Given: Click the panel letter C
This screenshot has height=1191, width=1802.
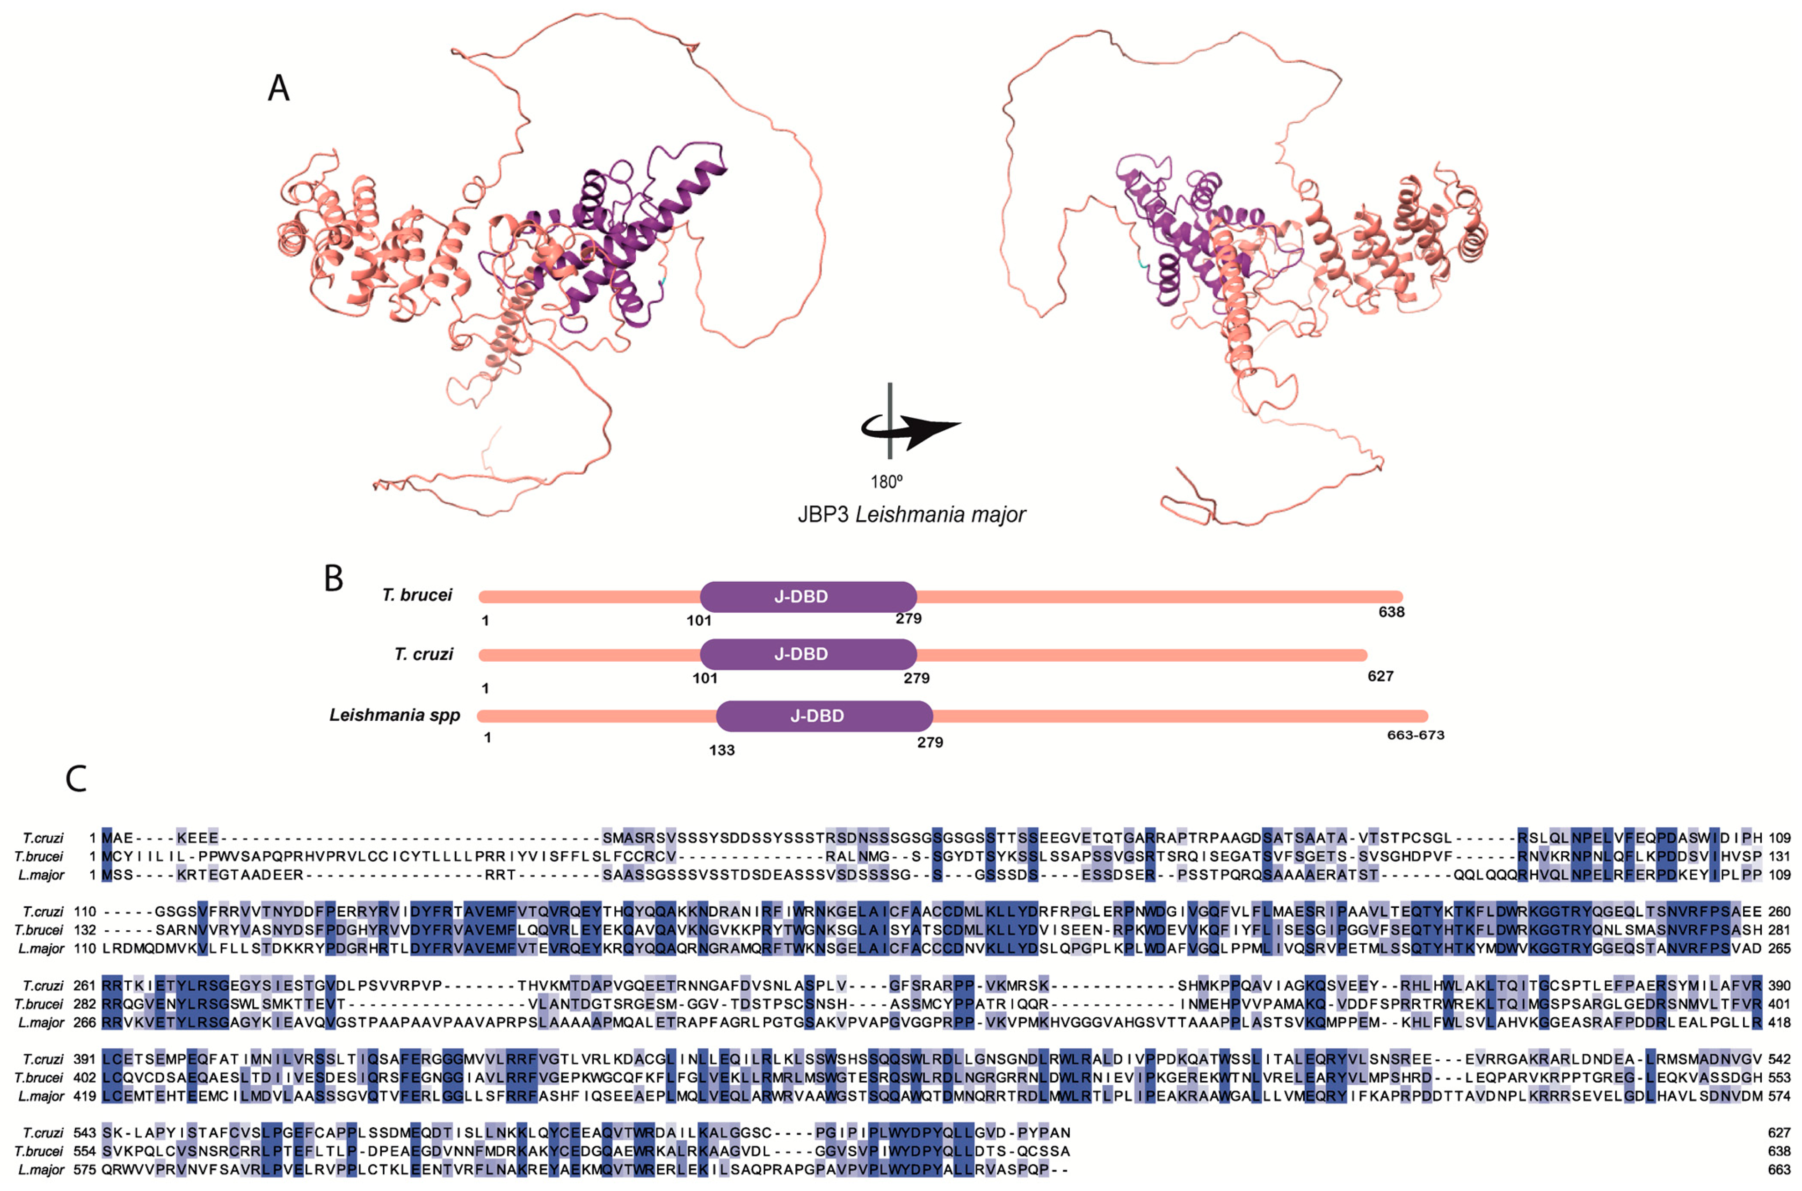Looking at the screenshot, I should tap(76, 778).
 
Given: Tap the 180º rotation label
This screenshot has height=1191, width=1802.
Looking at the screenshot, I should tap(886, 482).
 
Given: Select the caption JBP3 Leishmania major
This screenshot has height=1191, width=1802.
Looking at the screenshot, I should tap(911, 515).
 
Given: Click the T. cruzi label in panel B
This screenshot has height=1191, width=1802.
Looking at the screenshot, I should tap(423, 654).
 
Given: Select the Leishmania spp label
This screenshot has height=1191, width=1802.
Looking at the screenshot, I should tap(395, 715).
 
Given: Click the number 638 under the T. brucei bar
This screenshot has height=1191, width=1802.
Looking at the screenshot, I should tap(1391, 612).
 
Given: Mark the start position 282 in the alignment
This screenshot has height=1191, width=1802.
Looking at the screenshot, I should tap(84, 1004).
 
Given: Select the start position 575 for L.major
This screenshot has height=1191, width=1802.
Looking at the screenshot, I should tap(84, 1170).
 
